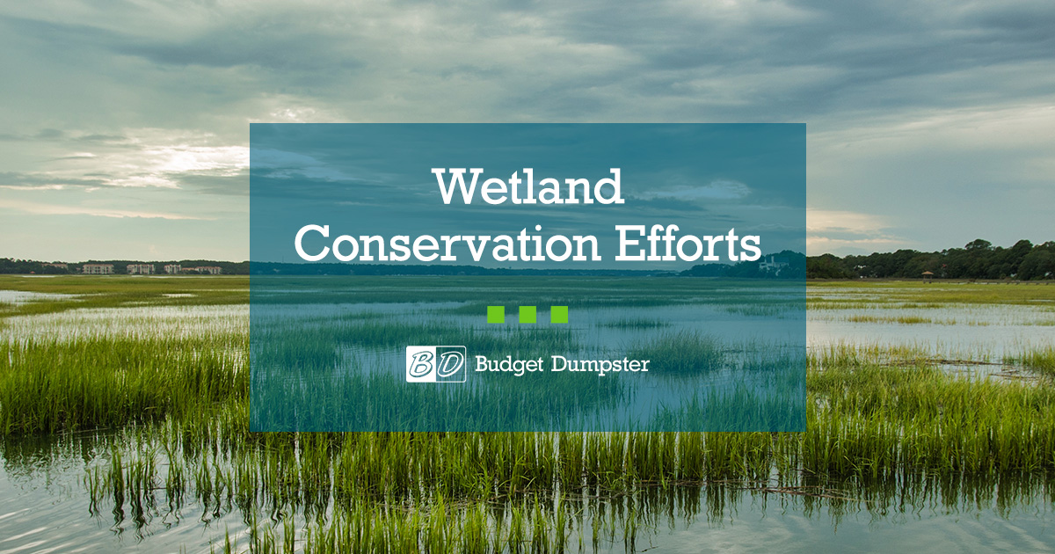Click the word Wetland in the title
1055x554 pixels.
[x=527, y=186]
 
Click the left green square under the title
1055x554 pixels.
[x=495, y=315]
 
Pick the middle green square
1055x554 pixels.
[x=527, y=315]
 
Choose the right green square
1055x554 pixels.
[x=559, y=315]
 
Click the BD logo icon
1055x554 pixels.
[x=436, y=364]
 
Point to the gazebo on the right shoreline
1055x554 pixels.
[x=927, y=276]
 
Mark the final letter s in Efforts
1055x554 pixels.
[x=750, y=248]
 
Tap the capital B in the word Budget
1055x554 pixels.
[x=481, y=363]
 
